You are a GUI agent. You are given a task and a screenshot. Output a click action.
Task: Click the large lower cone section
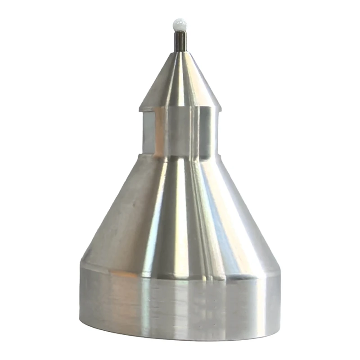coord(180,211)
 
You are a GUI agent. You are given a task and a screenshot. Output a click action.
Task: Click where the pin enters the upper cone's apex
coord(180,52)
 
